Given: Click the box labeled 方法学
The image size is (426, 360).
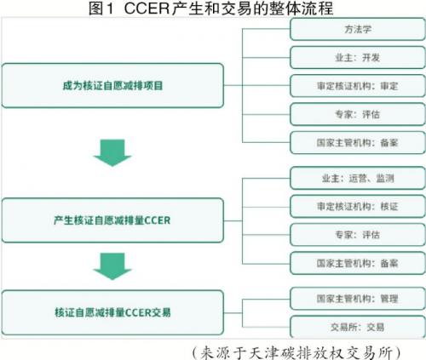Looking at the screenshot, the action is [358, 29].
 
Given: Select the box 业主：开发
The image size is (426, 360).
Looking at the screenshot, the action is [358, 58].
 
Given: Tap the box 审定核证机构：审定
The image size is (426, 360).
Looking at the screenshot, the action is [358, 86].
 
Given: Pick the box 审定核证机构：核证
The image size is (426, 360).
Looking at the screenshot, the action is [358, 206].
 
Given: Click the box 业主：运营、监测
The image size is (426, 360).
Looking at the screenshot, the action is [358, 178].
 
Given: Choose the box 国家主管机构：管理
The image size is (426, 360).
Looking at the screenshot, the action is [358, 299].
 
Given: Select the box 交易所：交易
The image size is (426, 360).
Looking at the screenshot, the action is [358, 327].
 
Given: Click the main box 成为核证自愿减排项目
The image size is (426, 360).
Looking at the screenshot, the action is [112, 85].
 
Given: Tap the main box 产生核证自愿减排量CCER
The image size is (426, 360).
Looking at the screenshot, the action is [112, 220].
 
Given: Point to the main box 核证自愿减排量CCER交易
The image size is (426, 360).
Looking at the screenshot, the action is [112, 312].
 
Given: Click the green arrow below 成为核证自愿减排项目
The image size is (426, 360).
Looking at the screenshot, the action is [112, 152].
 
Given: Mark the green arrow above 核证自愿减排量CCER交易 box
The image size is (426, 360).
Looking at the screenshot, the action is [112, 266].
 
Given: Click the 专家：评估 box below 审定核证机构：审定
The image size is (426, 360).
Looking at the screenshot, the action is [358, 114].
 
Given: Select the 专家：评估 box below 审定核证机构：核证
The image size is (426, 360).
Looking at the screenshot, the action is [358, 235].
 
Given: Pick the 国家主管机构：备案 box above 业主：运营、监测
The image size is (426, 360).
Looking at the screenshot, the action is [358, 142].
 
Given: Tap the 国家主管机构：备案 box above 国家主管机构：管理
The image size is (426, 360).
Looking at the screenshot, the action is [358, 263].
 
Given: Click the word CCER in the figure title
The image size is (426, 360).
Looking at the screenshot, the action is [147, 8].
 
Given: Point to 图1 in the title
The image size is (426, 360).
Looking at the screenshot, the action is [101, 8].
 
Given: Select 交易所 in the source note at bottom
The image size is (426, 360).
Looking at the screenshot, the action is [370, 353].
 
